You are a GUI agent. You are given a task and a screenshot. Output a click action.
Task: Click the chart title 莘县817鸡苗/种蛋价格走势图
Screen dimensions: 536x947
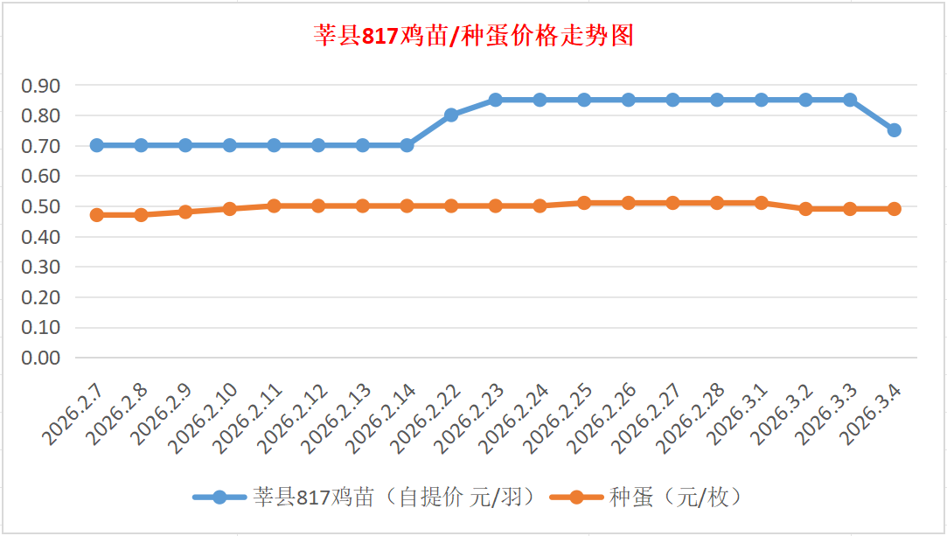click(473, 36)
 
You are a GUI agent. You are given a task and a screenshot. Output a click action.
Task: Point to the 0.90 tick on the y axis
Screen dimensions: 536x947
click(42, 86)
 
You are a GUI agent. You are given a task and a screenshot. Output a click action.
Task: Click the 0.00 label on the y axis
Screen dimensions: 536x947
click(42, 358)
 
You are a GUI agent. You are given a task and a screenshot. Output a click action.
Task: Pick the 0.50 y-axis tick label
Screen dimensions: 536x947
click(42, 206)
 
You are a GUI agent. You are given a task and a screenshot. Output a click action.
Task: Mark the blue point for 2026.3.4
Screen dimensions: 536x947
click(894, 130)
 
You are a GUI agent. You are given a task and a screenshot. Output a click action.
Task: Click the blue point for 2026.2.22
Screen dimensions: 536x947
click(451, 115)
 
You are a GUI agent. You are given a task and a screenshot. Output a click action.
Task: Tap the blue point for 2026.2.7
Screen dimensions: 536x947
click(97, 145)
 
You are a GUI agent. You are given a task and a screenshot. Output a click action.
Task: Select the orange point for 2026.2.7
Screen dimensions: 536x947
click(97, 215)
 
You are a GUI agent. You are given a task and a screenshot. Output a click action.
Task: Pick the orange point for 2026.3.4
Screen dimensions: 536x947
click(894, 209)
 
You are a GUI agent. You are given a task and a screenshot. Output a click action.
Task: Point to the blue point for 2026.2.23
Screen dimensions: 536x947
click(496, 100)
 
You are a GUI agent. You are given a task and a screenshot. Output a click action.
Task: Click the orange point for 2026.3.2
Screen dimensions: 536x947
click(805, 209)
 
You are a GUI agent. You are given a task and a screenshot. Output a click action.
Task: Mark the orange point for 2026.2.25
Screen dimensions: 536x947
click(584, 203)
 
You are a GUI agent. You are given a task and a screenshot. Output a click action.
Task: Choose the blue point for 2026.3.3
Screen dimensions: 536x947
click(849, 100)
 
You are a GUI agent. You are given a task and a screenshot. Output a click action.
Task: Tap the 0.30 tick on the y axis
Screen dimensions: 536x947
click(42, 267)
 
